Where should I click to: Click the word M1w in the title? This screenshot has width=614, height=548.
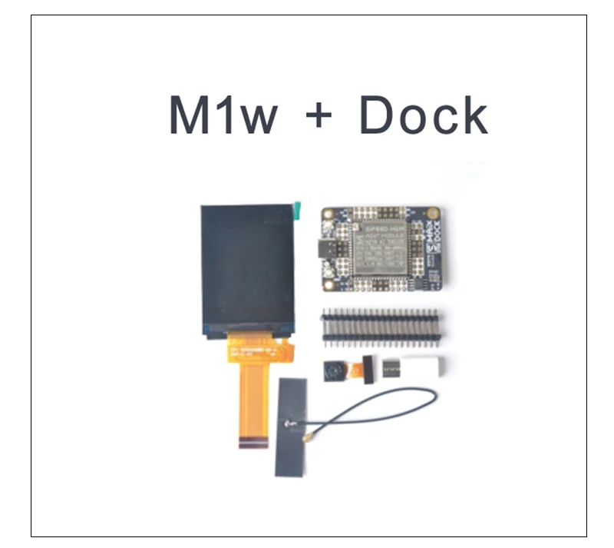tap(223, 116)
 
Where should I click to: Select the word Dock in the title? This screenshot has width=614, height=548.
tap(423, 116)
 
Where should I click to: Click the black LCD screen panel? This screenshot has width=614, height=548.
tap(248, 269)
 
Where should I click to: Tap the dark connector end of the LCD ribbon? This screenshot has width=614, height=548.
tap(254, 443)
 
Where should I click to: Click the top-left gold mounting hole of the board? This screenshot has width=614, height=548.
tap(328, 214)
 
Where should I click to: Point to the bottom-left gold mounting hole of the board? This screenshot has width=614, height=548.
tap(328, 284)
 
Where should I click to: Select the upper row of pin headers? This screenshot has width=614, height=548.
tap(379, 316)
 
